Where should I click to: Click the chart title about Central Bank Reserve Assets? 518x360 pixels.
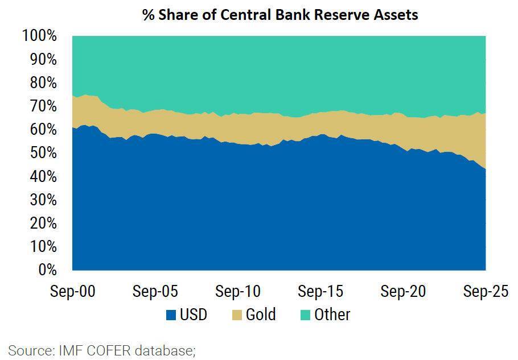[280, 15]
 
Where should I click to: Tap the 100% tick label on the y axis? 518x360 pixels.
[40, 36]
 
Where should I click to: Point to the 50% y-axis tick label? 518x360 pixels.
[43, 154]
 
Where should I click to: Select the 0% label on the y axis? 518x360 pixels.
[47, 270]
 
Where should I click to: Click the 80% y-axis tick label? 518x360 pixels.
[43, 83]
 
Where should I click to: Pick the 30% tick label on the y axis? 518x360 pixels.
[43, 200]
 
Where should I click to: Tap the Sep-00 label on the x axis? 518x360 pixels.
[72, 292]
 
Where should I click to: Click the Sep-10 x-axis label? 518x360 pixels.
[237, 292]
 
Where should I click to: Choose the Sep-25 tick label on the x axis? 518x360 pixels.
[485, 292]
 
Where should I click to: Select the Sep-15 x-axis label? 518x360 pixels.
[320, 292]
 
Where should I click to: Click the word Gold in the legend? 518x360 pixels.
[260, 315]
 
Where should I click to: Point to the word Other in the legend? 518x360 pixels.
[332, 315]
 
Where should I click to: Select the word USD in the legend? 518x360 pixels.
[194, 315]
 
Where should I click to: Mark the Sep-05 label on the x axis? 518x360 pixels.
[155, 292]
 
